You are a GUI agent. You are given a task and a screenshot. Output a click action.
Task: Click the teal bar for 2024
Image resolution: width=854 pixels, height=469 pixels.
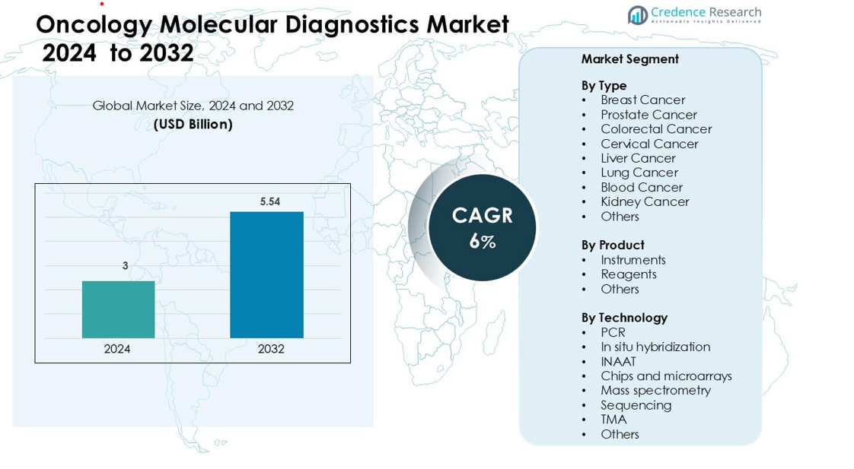(x=118, y=309)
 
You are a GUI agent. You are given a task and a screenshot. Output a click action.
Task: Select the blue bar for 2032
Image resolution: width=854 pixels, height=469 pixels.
(x=266, y=274)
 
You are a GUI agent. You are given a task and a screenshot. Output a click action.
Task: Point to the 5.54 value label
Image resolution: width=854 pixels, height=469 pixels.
(x=270, y=201)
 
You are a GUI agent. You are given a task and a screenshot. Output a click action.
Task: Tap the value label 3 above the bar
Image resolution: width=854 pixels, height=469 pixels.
(x=125, y=265)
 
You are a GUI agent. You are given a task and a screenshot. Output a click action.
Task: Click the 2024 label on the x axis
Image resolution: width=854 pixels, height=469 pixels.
(x=117, y=349)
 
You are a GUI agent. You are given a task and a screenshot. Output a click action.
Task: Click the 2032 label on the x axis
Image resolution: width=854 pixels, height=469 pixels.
(x=271, y=349)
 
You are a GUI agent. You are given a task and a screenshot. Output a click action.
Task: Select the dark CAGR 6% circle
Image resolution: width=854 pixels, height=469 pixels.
(x=482, y=227)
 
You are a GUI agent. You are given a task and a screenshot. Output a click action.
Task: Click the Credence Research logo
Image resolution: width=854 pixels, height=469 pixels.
(x=694, y=14)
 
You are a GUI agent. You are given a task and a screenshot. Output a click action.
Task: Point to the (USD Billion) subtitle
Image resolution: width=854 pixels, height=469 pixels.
(x=193, y=124)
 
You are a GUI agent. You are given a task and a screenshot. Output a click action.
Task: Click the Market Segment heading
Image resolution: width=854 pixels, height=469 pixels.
(x=629, y=59)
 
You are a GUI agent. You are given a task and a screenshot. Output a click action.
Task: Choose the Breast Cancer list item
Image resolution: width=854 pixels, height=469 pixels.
(x=642, y=100)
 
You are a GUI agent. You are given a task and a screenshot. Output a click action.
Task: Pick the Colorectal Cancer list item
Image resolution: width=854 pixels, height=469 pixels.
(x=655, y=129)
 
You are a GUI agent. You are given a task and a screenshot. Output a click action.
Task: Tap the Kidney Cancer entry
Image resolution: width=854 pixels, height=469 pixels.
(x=644, y=201)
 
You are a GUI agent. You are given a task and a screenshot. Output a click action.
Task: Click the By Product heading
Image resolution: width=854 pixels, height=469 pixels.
(x=612, y=245)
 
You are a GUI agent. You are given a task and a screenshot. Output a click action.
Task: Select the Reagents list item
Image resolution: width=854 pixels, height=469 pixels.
(x=628, y=274)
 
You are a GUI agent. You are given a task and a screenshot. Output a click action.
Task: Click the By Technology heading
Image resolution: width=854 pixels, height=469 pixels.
(x=623, y=317)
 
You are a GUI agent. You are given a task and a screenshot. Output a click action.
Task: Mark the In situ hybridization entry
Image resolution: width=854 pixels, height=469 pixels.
(x=655, y=347)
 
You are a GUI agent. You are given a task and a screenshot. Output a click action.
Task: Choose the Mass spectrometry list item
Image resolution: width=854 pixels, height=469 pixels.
(x=655, y=390)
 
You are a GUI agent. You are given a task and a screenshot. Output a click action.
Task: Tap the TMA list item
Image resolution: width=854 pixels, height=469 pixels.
(x=613, y=420)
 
